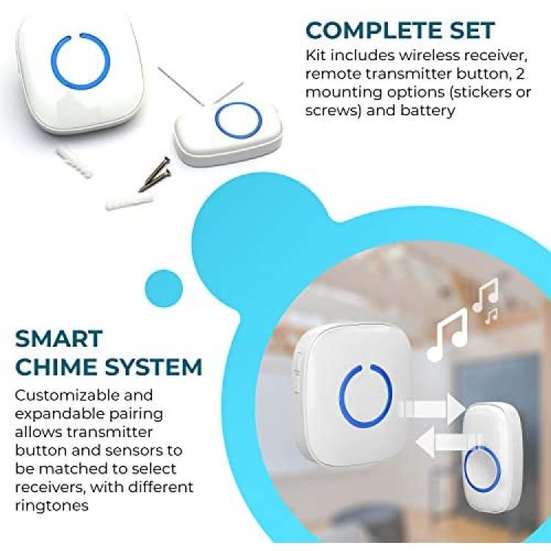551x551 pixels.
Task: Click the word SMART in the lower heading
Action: click(x=59, y=339)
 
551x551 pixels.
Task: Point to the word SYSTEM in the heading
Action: click(x=154, y=367)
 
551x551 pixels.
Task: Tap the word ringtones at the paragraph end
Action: click(x=51, y=506)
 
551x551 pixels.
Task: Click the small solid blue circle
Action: click(x=164, y=289)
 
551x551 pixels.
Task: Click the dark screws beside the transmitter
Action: click(x=155, y=174)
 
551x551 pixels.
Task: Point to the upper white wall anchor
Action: click(x=73, y=162)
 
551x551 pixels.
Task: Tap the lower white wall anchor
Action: click(x=129, y=201)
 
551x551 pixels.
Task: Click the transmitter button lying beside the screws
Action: click(x=228, y=132)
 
